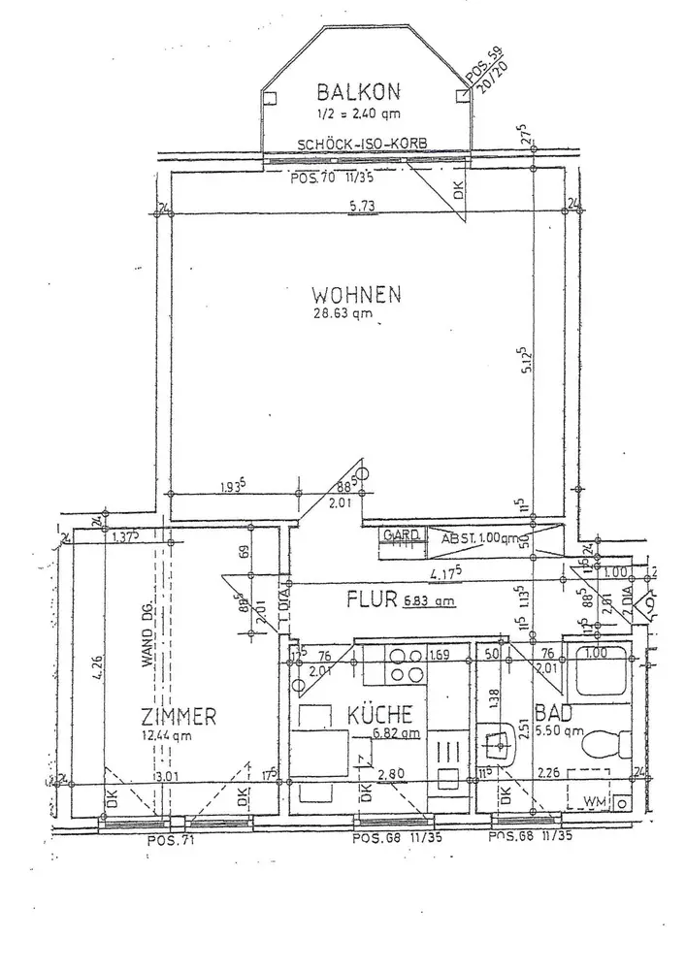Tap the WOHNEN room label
click(x=356, y=293)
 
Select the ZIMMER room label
click(x=178, y=717)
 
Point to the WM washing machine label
click(x=594, y=801)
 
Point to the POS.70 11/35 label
click(x=333, y=178)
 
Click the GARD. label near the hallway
click(x=401, y=535)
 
